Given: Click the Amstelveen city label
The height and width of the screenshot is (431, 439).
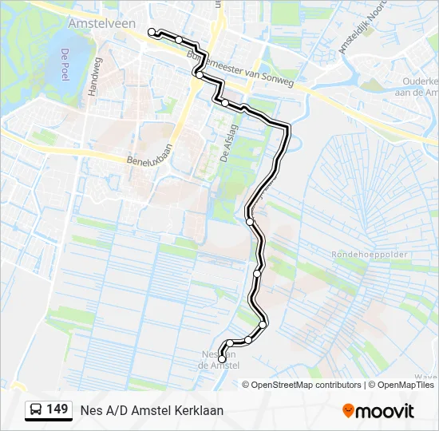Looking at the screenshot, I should pos(101,24).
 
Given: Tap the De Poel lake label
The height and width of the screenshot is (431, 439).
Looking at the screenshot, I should pos(63,65).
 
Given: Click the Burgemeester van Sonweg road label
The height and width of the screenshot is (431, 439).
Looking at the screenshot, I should pos(239,69).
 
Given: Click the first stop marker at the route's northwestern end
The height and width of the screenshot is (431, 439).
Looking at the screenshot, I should pos(152,32).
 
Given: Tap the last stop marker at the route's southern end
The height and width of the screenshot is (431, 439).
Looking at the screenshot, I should pos(222,360).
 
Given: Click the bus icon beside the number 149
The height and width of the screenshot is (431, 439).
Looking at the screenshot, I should pos(36,410).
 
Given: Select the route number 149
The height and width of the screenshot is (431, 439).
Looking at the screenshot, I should pos(57,409).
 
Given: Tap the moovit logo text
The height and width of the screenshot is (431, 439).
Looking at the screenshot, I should pos(386,411).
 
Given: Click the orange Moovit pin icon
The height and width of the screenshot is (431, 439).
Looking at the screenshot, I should pos(348,411).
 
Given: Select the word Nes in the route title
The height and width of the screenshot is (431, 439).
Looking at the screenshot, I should pos(90,410).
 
